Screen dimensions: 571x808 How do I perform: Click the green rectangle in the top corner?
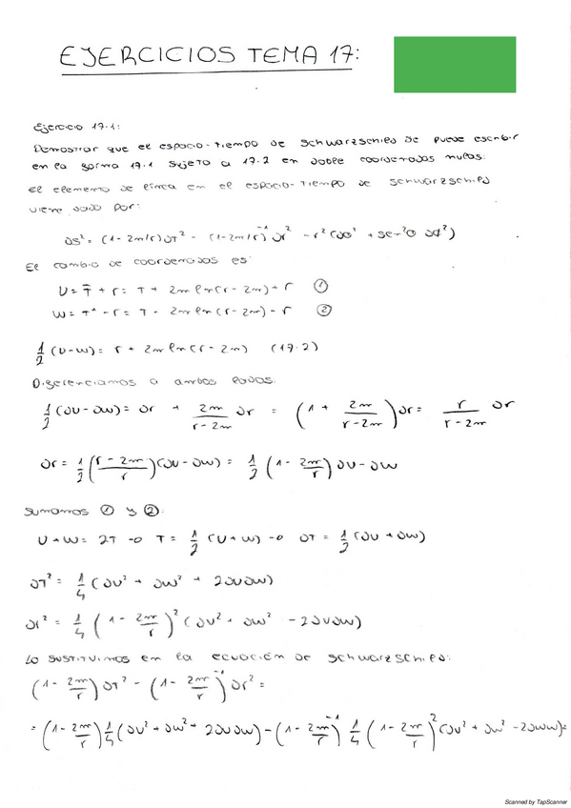(455, 59)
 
